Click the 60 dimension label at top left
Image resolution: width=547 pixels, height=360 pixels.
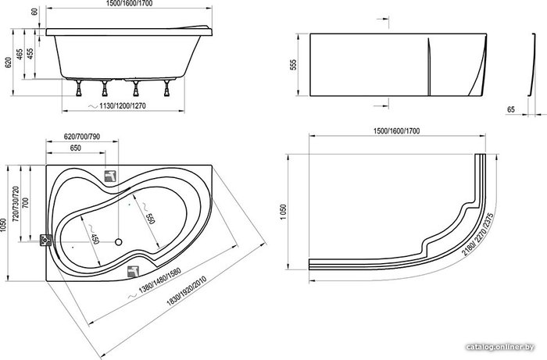pyautogui.click(x=34, y=12)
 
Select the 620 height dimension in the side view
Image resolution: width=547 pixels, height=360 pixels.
pyautogui.click(x=8, y=62)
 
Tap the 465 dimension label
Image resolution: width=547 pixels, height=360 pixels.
pyautogui.click(x=20, y=54)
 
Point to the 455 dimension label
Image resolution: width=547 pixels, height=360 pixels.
pyautogui.click(x=30, y=53)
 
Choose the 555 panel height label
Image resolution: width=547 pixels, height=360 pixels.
pyautogui.click(x=293, y=65)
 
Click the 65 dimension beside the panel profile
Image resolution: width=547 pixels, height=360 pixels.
pyautogui.click(x=511, y=110)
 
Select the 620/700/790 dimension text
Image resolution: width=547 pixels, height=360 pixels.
pyautogui.click(x=82, y=137)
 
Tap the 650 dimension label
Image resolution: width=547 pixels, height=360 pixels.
pyautogui.click(x=75, y=148)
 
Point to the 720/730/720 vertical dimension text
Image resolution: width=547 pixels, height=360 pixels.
pyautogui.click(x=16, y=205)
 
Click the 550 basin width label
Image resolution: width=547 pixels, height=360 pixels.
pyautogui.click(x=149, y=217)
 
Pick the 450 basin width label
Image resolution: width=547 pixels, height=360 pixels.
pyautogui.click(x=95, y=238)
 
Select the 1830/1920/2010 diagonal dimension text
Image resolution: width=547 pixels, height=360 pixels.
pyautogui.click(x=186, y=290)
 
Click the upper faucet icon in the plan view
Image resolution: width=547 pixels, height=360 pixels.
pyautogui.click(x=111, y=176)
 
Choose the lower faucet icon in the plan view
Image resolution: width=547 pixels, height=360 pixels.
pyautogui.click(x=134, y=272)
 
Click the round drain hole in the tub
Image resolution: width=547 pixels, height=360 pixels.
pyautogui.click(x=119, y=241)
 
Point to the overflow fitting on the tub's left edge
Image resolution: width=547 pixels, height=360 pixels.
pyautogui.click(x=45, y=240)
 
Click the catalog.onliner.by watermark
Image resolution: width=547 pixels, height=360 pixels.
pyautogui.click(x=500, y=347)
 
